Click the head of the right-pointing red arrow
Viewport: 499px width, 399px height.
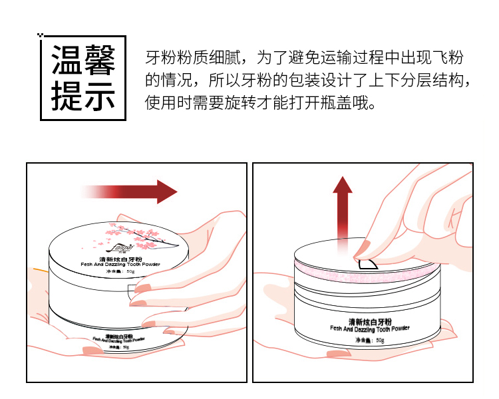coord(166,192)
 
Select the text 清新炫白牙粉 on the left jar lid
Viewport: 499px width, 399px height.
coord(118,257)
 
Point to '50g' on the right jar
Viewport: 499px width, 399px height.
coord(380,341)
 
